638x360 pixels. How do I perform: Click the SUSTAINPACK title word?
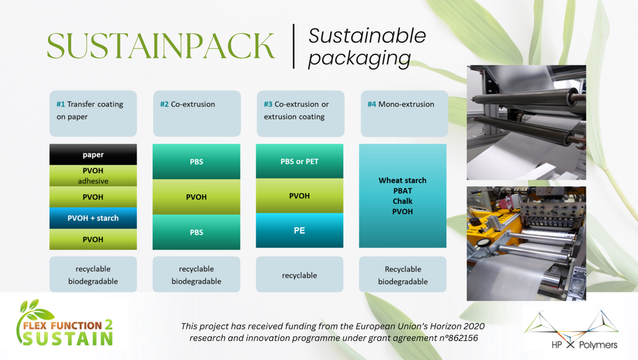161,45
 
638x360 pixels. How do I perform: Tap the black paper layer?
93,154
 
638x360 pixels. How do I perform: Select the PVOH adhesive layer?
93,176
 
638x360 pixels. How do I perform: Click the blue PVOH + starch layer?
93,218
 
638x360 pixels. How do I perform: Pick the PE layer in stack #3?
299,230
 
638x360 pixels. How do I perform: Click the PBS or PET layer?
299,161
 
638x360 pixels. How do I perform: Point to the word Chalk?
403,201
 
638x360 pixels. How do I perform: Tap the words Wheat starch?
403,181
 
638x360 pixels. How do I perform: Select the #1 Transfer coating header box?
93,113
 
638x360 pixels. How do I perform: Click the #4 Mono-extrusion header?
404,113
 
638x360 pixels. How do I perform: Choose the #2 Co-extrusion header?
197,113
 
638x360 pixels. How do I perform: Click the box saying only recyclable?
299,274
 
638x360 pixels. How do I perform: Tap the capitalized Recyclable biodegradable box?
403,274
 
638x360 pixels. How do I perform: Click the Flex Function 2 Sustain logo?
64,323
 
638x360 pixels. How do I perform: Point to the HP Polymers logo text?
584,345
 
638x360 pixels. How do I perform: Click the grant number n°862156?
458,338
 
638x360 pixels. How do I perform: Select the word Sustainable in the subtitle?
367,36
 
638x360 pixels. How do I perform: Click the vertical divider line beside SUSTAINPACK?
293,46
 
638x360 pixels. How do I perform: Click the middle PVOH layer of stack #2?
197,197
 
